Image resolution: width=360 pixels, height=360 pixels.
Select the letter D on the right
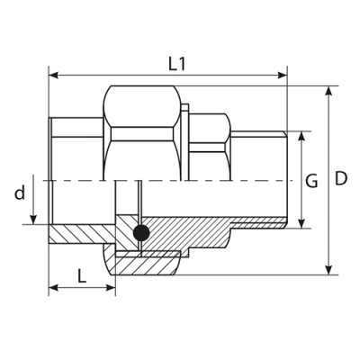341,180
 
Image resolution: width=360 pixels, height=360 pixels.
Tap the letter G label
311,181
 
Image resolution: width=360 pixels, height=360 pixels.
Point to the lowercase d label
17,192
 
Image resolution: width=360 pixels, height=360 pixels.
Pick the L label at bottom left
81,275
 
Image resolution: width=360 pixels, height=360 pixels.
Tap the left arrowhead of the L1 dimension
52,76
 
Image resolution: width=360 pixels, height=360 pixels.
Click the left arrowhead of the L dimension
52,289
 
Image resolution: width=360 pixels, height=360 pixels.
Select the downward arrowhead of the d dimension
34,220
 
